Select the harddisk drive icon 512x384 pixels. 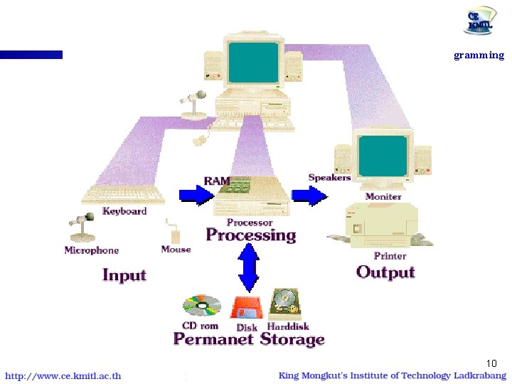click(x=284, y=304)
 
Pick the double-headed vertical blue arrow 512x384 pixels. click(x=247, y=267)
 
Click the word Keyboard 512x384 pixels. click(x=124, y=211)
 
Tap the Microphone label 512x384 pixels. click(x=92, y=250)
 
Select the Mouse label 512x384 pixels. click(x=176, y=250)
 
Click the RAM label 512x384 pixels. click(x=216, y=181)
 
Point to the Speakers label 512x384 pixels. click(x=329, y=177)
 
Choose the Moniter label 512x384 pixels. click(x=383, y=196)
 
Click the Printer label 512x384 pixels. click(x=390, y=256)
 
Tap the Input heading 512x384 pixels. click(x=124, y=275)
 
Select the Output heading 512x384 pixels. click(x=385, y=272)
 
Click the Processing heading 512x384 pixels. click(x=250, y=235)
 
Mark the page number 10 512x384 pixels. click(x=491, y=363)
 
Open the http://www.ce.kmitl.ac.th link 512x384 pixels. click(x=63, y=376)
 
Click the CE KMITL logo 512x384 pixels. click(x=481, y=21)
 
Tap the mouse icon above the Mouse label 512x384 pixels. click(x=173, y=234)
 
